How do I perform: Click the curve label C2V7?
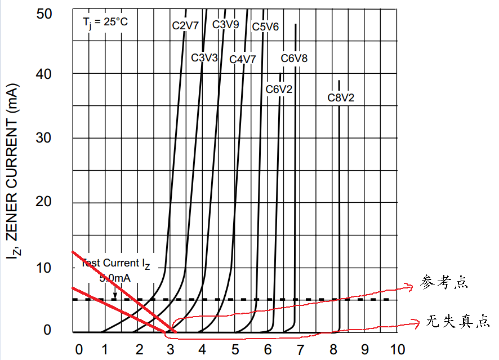tap(185, 25)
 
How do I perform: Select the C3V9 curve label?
tap(225, 24)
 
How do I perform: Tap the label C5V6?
tap(265, 26)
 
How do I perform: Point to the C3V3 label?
tap(204, 57)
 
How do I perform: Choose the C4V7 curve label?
tap(243, 59)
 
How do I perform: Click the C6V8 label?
tap(295, 58)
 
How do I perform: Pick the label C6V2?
tap(279, 89)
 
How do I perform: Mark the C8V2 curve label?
tap(341, 97)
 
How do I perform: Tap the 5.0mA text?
tap(115, 278)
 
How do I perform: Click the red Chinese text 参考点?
tap(444, 282)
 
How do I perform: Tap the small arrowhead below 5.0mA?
tap(115, 295)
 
